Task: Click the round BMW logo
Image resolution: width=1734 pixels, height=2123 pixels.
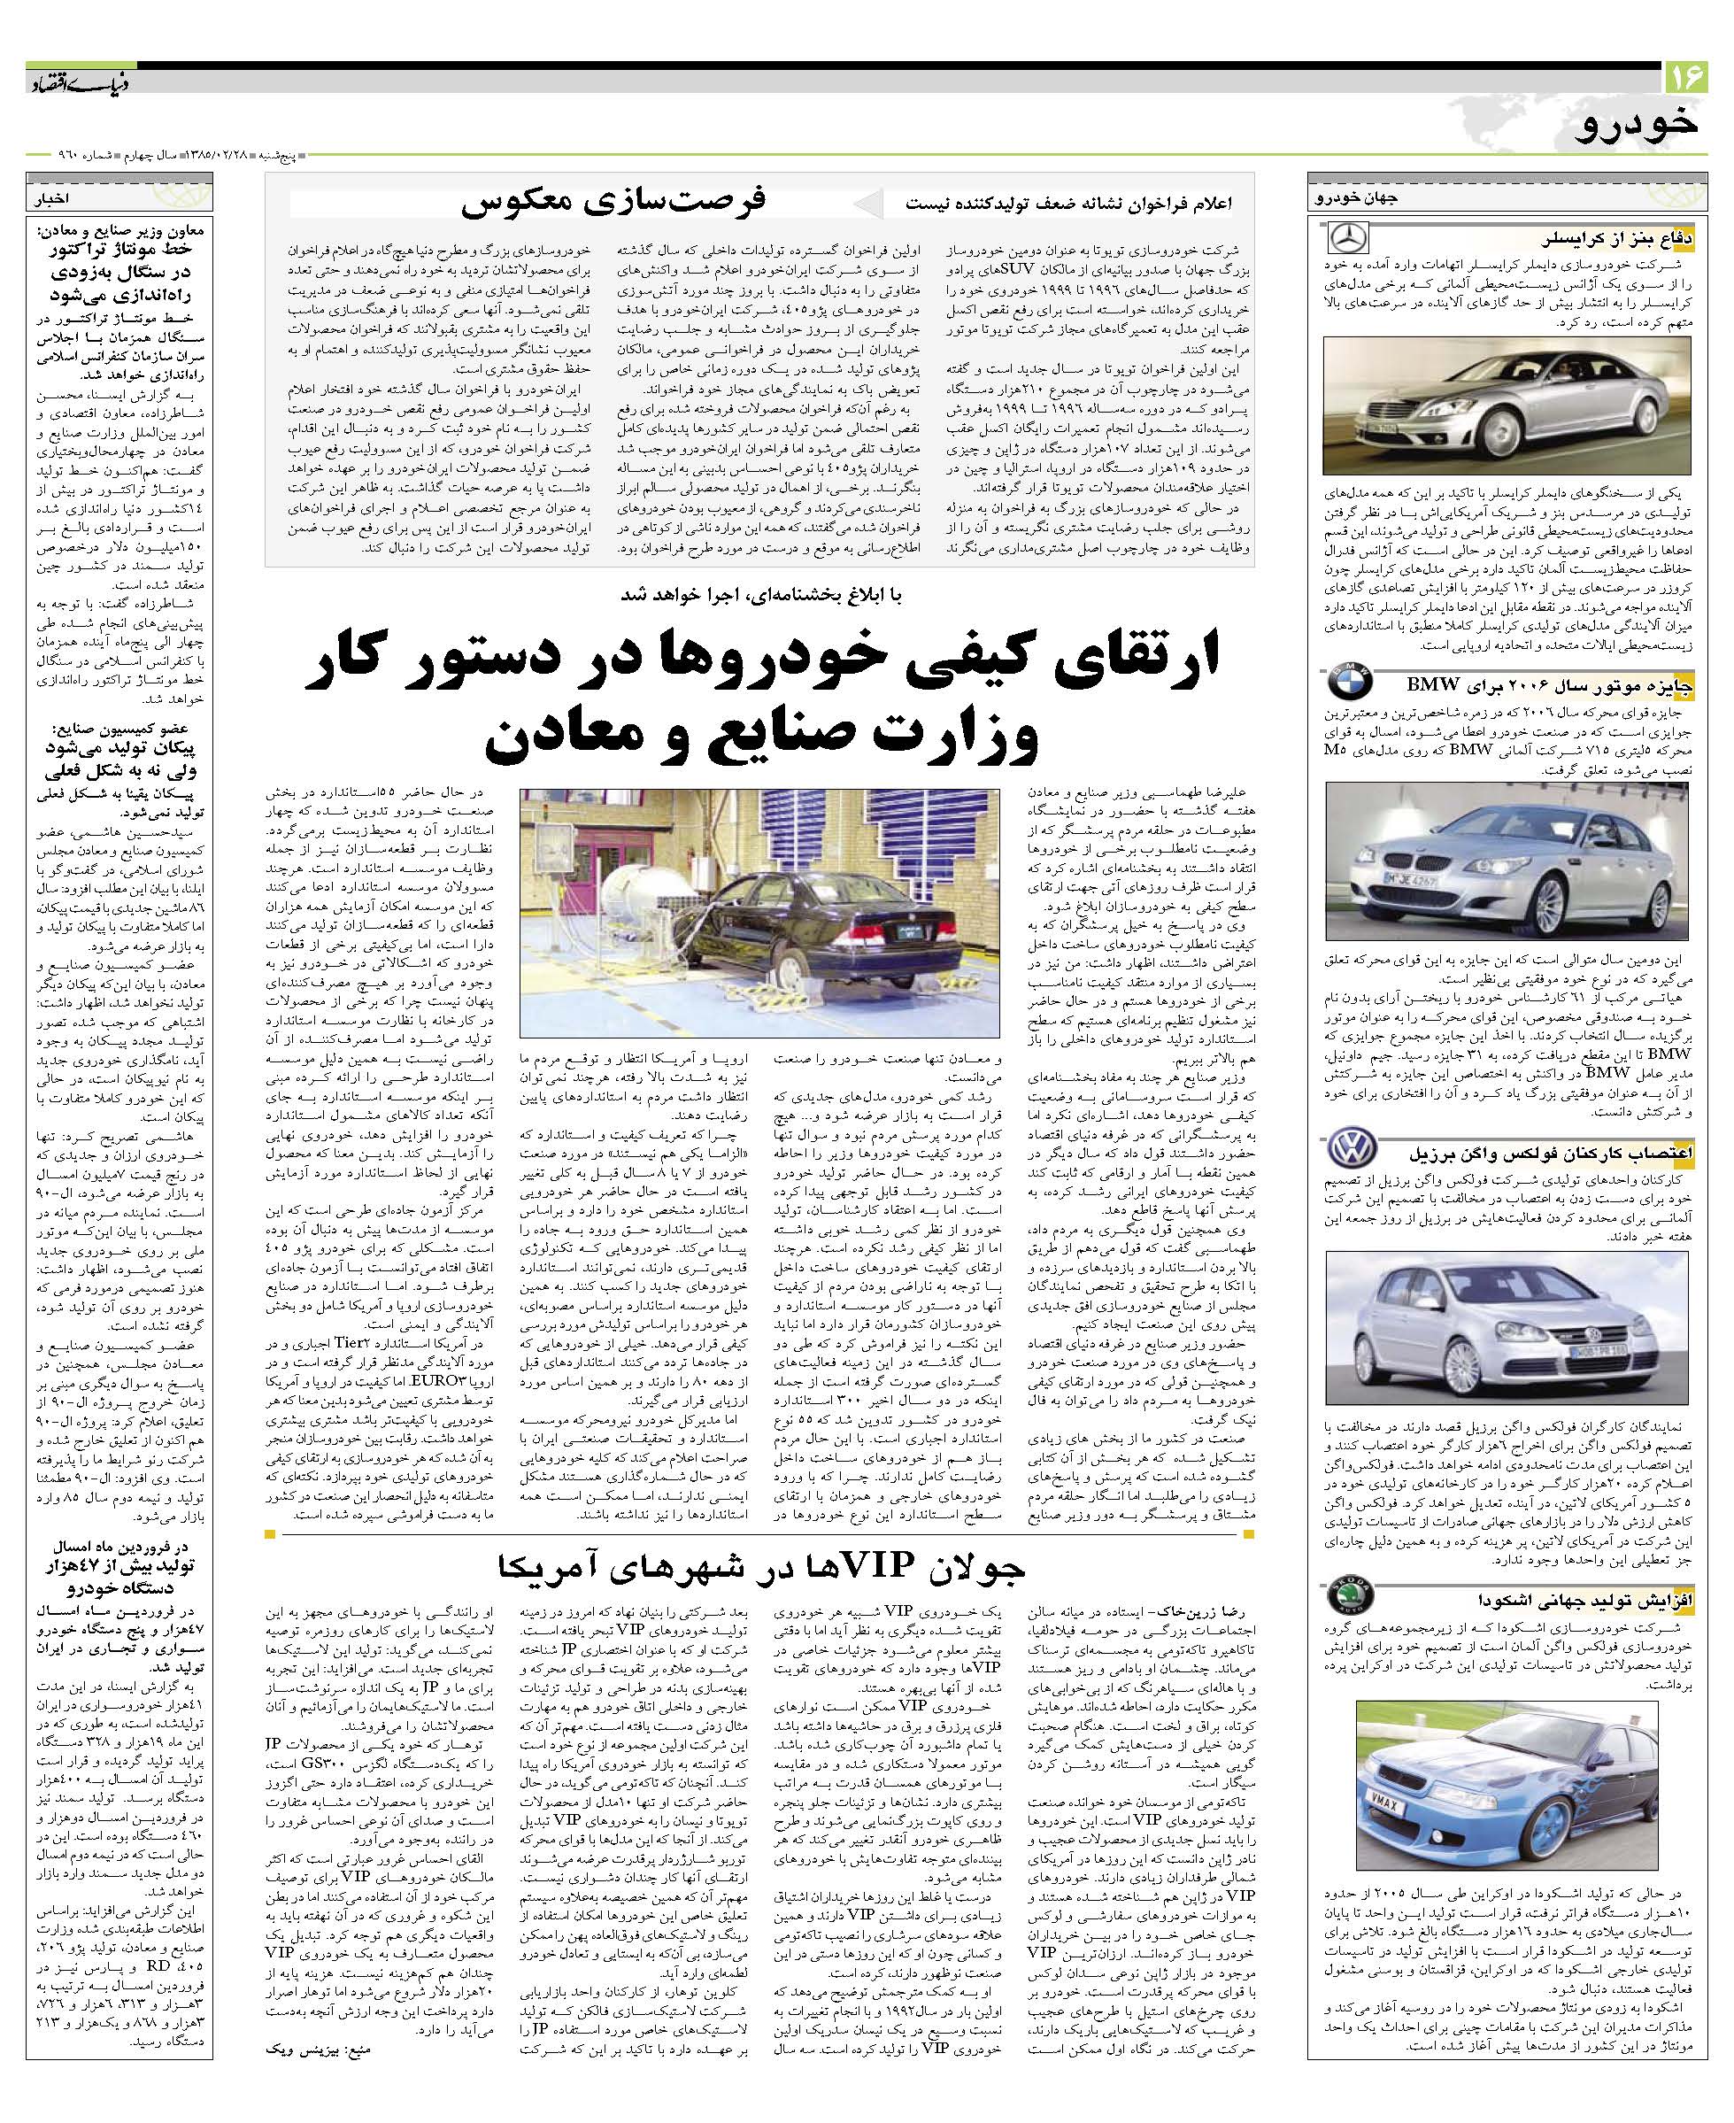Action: [1350, 683]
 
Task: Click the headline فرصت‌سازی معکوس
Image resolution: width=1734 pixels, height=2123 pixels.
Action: [613, 201]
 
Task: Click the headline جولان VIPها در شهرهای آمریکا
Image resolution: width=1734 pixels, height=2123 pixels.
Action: [761, 1568]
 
